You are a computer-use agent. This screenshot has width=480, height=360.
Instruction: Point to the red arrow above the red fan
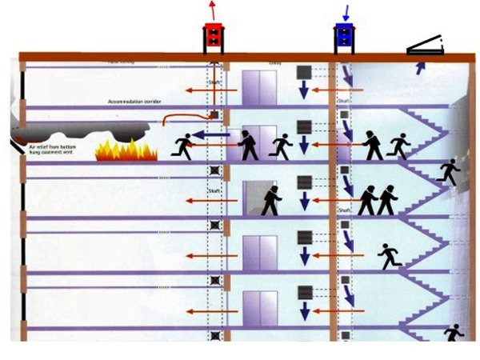(212, 10)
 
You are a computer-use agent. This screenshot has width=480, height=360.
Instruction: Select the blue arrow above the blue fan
(346, 11)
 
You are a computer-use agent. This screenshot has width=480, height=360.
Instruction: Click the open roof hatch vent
(429, 46)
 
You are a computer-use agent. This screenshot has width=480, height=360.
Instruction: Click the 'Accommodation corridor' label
(135, 102)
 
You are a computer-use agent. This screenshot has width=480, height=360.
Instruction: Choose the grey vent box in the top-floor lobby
(304, 70)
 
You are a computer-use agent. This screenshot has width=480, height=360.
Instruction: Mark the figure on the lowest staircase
(454, 332)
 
